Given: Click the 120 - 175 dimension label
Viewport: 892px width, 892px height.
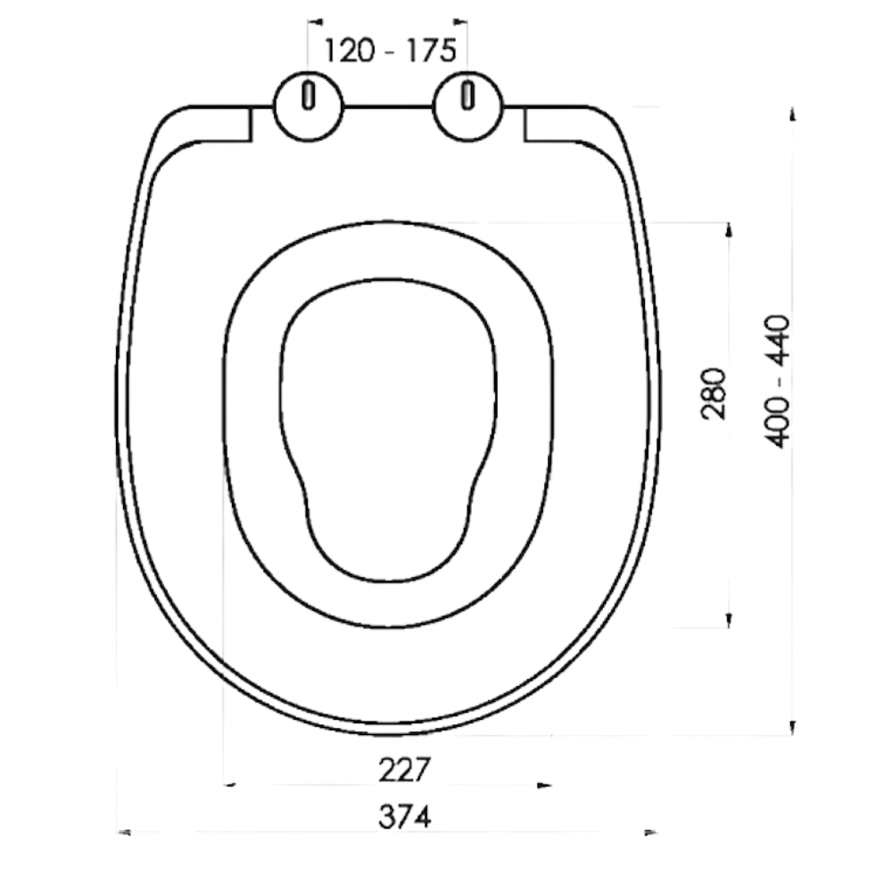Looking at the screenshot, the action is point(390,50).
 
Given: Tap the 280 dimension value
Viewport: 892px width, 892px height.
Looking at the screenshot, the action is point(714,393).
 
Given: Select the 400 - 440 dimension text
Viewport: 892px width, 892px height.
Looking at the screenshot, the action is point(777,382).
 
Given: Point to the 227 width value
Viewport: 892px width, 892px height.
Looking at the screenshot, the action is point(404,770).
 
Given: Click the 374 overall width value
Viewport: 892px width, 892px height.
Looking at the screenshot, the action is point(404,817).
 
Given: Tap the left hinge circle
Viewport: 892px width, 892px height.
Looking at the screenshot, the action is point(309,106).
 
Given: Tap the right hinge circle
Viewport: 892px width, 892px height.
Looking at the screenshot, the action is point(467,106).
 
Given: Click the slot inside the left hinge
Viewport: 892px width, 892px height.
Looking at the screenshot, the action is point(309,95).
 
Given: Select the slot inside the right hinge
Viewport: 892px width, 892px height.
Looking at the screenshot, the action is point(467,95).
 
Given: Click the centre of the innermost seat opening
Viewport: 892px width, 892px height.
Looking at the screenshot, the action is point(388,430).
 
